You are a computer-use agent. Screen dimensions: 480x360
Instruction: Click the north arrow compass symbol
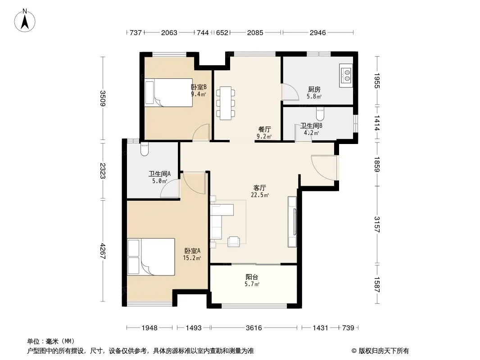(x=25, y=20)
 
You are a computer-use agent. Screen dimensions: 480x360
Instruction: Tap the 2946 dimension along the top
(x=318, y=32)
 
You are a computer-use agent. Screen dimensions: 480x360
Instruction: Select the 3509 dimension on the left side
(x=103, y=99)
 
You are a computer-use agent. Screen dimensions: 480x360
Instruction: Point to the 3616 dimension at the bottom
(x=254, y=328)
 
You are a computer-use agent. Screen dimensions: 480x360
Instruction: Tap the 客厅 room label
(x=260, y=188)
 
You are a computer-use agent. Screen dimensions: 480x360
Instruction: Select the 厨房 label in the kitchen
(x=314, y=89)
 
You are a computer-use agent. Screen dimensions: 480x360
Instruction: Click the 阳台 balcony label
(x=252, y=277)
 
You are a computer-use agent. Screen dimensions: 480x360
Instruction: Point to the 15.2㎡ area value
(x=192, y=258)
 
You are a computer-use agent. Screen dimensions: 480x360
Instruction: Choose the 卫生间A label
(x=159, y=174)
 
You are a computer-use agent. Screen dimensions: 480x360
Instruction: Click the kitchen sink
(x=346, y=76)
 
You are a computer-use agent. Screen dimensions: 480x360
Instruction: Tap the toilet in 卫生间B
(x=320, y=113)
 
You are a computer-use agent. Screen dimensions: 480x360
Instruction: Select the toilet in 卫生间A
(x=145, y=149)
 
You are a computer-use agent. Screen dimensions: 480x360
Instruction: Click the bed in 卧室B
(x=169, y=93)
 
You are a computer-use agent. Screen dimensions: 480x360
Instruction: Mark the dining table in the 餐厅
(x=226, y=103)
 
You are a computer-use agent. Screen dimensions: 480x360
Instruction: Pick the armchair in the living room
(x=234, y=241)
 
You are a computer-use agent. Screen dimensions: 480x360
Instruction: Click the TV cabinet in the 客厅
(x=292, y=222)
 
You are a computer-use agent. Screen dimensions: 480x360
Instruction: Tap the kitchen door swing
(x=290, y=92)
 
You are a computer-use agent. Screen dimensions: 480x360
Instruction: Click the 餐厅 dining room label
(x=264, y=130)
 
